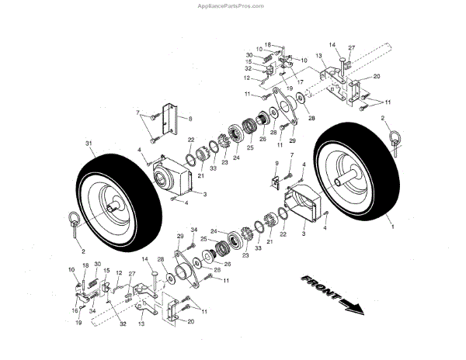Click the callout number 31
coord(88,144)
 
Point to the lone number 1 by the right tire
coord(392,227)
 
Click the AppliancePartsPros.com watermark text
coord(233,5)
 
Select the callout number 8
coord(189,118)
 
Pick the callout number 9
coord(276,163)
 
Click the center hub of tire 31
coord(114,206)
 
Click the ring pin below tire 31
coord(77,223)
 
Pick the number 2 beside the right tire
coord(384,119)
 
